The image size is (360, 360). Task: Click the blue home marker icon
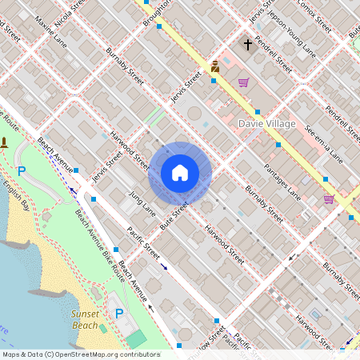click(180, 172)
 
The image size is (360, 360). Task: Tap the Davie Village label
click(267, 124)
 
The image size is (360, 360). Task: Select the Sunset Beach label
click(84, 320)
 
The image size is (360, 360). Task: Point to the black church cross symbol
click(248, 45)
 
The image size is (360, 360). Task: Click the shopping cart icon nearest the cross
click(243, 82)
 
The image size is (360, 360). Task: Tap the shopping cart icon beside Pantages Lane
click(328, 198)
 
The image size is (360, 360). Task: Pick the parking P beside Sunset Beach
click(119, 313)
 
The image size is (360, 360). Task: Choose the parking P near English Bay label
click(22, 170)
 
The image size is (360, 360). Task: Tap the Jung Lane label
click(142, 202)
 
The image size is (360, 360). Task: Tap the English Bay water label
click(15, 196)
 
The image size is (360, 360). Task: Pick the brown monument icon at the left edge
click(5, 143)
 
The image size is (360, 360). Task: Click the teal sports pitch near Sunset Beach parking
click(137, 338)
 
